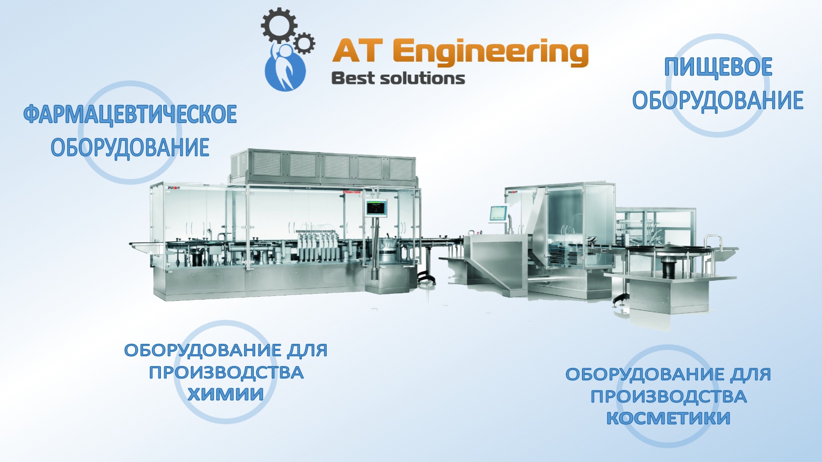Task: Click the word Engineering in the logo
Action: [x=490, y=53]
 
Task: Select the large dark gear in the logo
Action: [x=279, y=25]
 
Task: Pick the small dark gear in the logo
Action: [x=304, y=43]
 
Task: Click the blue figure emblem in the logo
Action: [x=285, y=67]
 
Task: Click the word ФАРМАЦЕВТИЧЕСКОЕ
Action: [x=130, y=114]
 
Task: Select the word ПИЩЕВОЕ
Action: [x=718, y=67]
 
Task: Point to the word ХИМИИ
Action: [x=225, y=394]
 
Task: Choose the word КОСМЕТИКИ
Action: [x=668, y=418]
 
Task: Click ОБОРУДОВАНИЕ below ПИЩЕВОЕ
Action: [x=718, y=100]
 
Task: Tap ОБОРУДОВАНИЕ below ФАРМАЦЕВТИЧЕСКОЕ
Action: [x=130, y=148]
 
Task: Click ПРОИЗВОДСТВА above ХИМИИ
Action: [x=226, y=372]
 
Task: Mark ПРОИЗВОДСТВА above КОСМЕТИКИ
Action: [x=668, y=396]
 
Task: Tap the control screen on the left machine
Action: [x=376, y=208]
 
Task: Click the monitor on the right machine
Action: [x=498, y=214]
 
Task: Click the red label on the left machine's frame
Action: [x=352, y=192]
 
